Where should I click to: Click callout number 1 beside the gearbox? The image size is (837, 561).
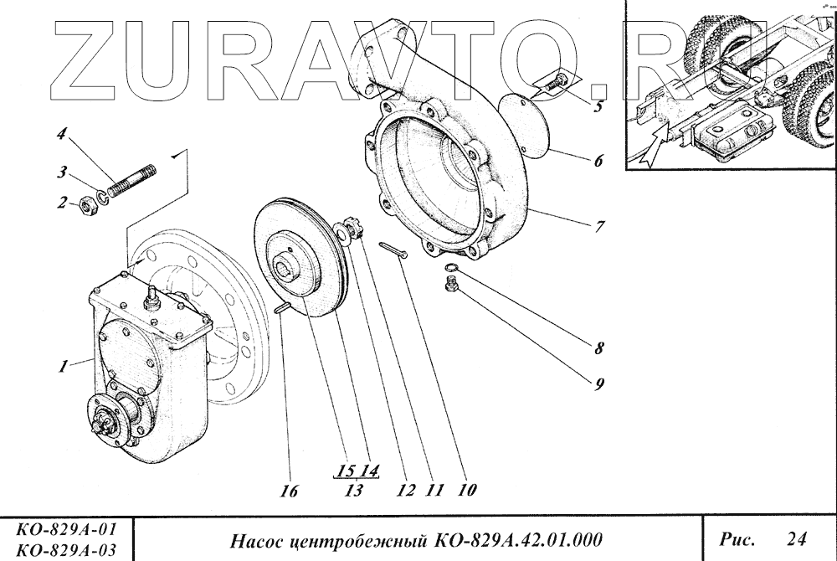tap(62, 366)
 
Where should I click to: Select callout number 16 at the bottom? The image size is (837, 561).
tap(289, 492)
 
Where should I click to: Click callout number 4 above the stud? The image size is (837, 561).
tap(61, 133)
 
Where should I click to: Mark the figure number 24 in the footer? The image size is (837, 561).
tap(797, 536)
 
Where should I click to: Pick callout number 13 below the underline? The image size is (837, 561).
tap(353, 491)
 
